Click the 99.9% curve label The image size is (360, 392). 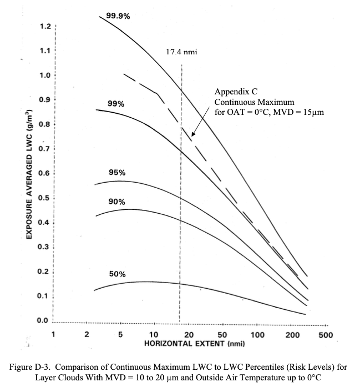pos(118,16)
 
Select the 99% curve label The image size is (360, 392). pos(116,103)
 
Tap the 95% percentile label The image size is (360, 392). pos(117,173)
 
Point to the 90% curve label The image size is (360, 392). pos(116,202)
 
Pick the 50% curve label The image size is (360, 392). pos(117,274)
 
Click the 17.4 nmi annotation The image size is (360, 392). pos(181,52)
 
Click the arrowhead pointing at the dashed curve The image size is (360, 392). pos(192,134)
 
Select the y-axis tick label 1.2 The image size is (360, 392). pos(45,26)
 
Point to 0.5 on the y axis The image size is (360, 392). pos(43,198)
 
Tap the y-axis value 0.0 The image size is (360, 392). pos(42,320)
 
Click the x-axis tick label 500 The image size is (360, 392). pos(326,335)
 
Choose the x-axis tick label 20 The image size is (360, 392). pos(189,335)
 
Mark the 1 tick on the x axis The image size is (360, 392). pos(53,334)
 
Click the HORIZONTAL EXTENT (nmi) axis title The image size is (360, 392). pos(194,344)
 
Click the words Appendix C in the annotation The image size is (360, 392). pos(236,92)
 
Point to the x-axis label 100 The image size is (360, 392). pos(257,335)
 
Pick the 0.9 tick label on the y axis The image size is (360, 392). pos(44,100)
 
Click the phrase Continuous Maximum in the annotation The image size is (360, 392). pos(254,102)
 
